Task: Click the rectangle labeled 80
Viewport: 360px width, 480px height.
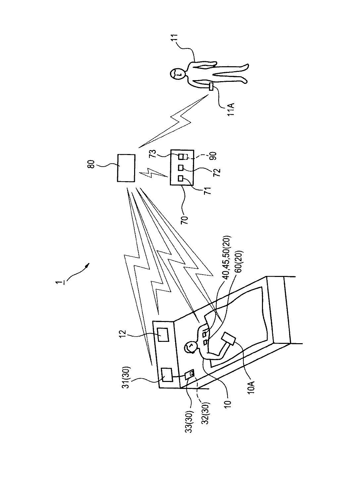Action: click(127, 168)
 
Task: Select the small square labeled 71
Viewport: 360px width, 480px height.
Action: click(180, 179)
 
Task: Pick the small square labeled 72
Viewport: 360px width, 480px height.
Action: click(181, 167)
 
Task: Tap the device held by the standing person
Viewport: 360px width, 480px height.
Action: click(211, 87)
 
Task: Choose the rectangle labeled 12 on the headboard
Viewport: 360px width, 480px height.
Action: click(163, 334)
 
